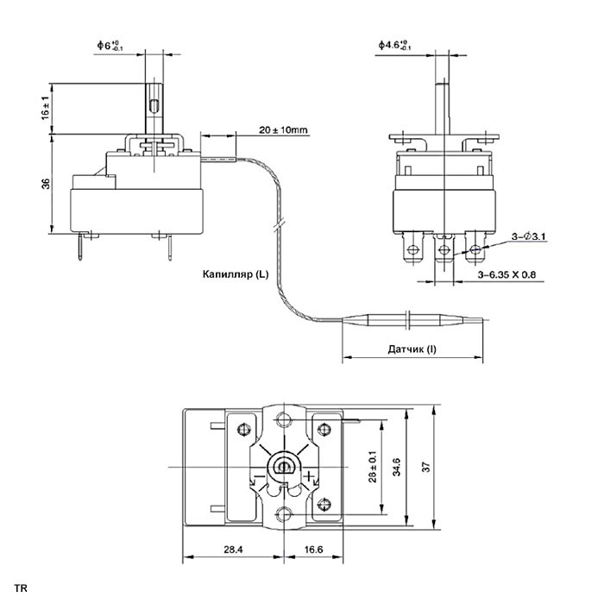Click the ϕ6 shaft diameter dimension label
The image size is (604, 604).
pyautogui.click(x=110, y=46)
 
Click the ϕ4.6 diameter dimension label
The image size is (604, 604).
pyautogui.click(x=394, y=45)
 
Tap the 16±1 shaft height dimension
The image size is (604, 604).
pyautogui.click(x=46, y=108)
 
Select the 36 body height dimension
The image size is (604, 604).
pyautogui.click(x=46, y=184)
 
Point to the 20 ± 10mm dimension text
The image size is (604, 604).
pyautogui.click(x=284, y=129)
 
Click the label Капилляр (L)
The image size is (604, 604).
pyautogui.click(x=236, y=274)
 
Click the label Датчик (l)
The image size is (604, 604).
pyautogui.click(x=412, y=349)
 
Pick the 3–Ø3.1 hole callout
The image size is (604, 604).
pyautogui.click(x=528, y=236)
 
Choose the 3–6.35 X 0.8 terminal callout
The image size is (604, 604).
pyautogui.click(x=506, y=274)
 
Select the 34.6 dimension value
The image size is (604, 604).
pyautogui.click(x=397, y=467)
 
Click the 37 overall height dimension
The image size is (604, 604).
pyautogui.click(x=427, y=467)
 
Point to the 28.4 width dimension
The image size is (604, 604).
pyautogui.click(x=234, y=550)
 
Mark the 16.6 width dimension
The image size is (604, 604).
pyautogui.click(x=313, y=550)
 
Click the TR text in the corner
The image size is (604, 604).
pyautogui.click(x=21, y=588)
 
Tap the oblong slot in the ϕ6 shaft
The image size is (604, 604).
pyautogui.click(x=154, y=106)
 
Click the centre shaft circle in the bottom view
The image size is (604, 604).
pyautogui.click(x=284, y=467)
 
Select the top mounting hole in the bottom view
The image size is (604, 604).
pyautogui.click(x=284, y=419)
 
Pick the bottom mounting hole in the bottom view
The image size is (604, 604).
pyautogui.click(x=284, y=513)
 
